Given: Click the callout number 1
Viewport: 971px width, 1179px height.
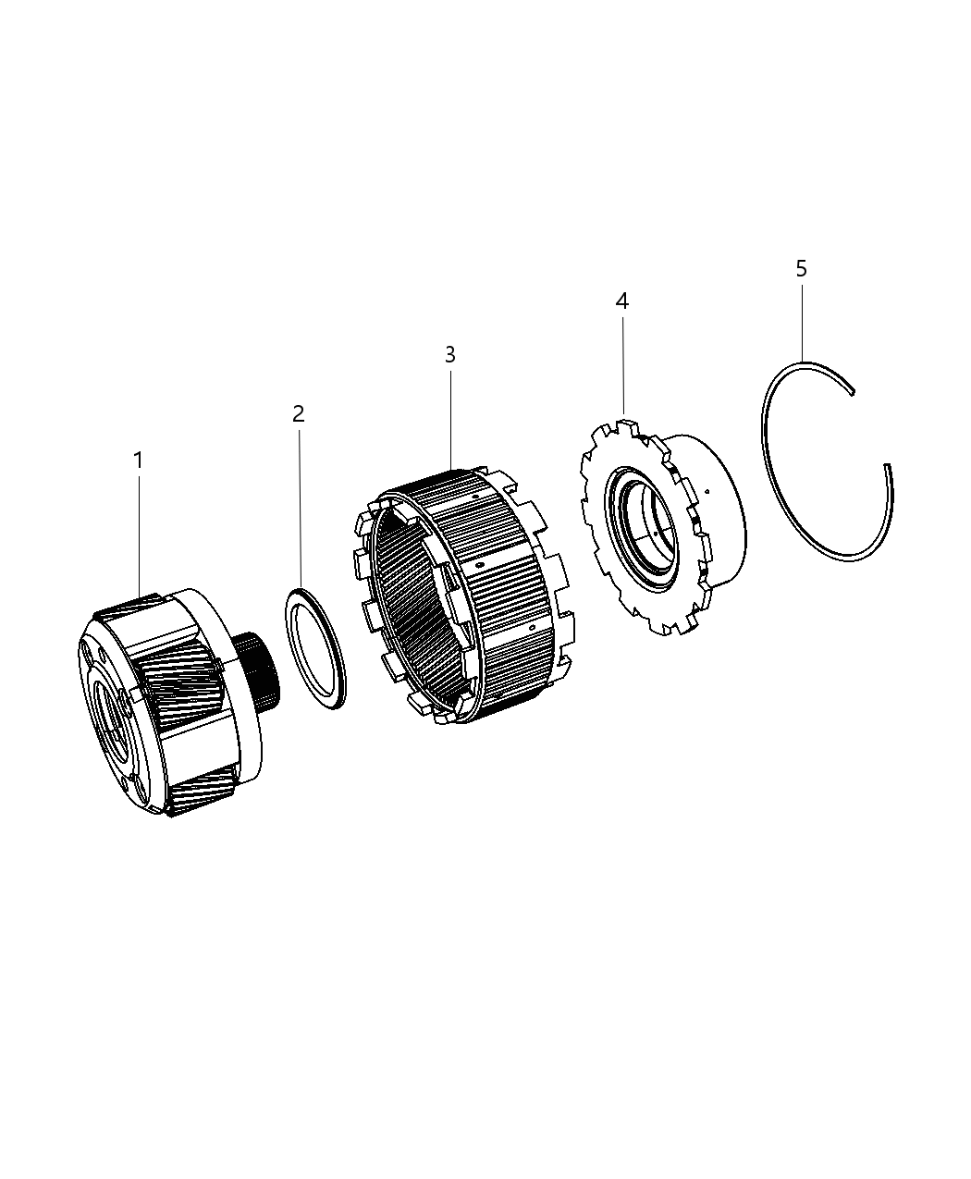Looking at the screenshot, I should pos(138,460).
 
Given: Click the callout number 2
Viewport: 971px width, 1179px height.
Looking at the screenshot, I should pos(298,413).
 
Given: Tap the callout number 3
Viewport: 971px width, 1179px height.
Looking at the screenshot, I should pos(449,354).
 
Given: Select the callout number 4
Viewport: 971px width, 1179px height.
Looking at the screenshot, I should pos(622,301).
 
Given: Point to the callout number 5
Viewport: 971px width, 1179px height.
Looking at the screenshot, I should pos(801,268).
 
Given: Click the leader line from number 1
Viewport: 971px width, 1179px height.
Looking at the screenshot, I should pos(139,536).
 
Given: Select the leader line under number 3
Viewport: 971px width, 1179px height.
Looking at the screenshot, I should pos(450,416).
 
